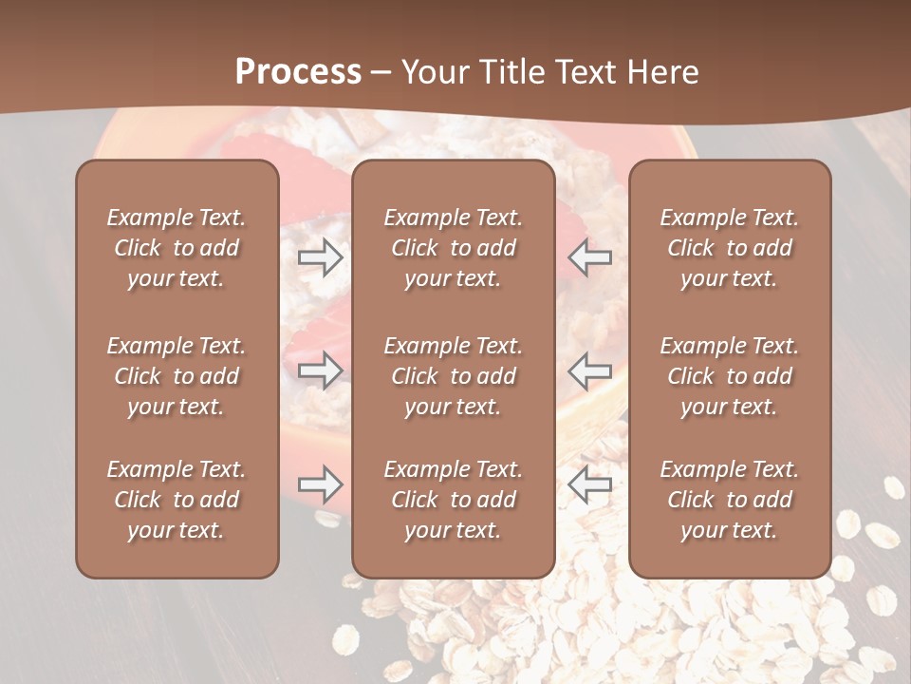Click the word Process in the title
[x=298, y=72]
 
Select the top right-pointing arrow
[x=321, y=257]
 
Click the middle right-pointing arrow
[x=321, y=370]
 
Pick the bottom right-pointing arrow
[x=321, y=485]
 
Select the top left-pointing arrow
[x=590, y=257]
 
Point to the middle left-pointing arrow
[x=590, y=370]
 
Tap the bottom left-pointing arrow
[x=590, y=485]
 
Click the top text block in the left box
[x=177, y=248]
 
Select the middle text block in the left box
[x=177, y=376]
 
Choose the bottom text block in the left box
[x=177, y=500]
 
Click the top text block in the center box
[x=454, y=248]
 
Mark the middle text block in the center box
[x=454, y=376]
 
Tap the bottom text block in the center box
[x=454, y=500]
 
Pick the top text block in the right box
[x=730, y=248]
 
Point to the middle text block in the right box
[x=730, y=376]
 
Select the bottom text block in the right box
[x=730, y=500]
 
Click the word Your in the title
[x=433, y=72]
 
